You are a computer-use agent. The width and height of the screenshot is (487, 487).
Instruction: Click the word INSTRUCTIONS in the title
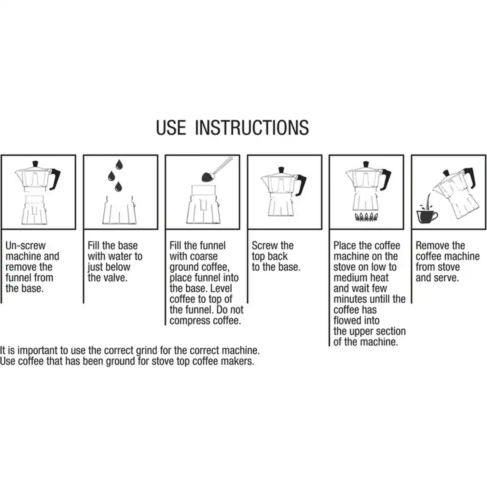tap(252, 127)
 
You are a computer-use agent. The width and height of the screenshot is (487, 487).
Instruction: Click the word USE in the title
tap(171, 127)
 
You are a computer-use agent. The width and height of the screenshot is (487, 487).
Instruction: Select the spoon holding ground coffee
tap(217, 170)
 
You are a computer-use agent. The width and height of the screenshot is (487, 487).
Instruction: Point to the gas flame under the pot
tap(366, 217)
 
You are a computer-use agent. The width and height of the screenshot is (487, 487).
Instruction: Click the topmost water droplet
tap(119, 165)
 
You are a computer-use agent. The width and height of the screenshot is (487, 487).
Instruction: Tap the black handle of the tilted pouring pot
tap(471, 177)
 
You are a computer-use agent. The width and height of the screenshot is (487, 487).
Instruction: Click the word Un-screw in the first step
tap(26, 246)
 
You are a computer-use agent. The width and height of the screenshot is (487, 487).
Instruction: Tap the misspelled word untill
tap(381, 299)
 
